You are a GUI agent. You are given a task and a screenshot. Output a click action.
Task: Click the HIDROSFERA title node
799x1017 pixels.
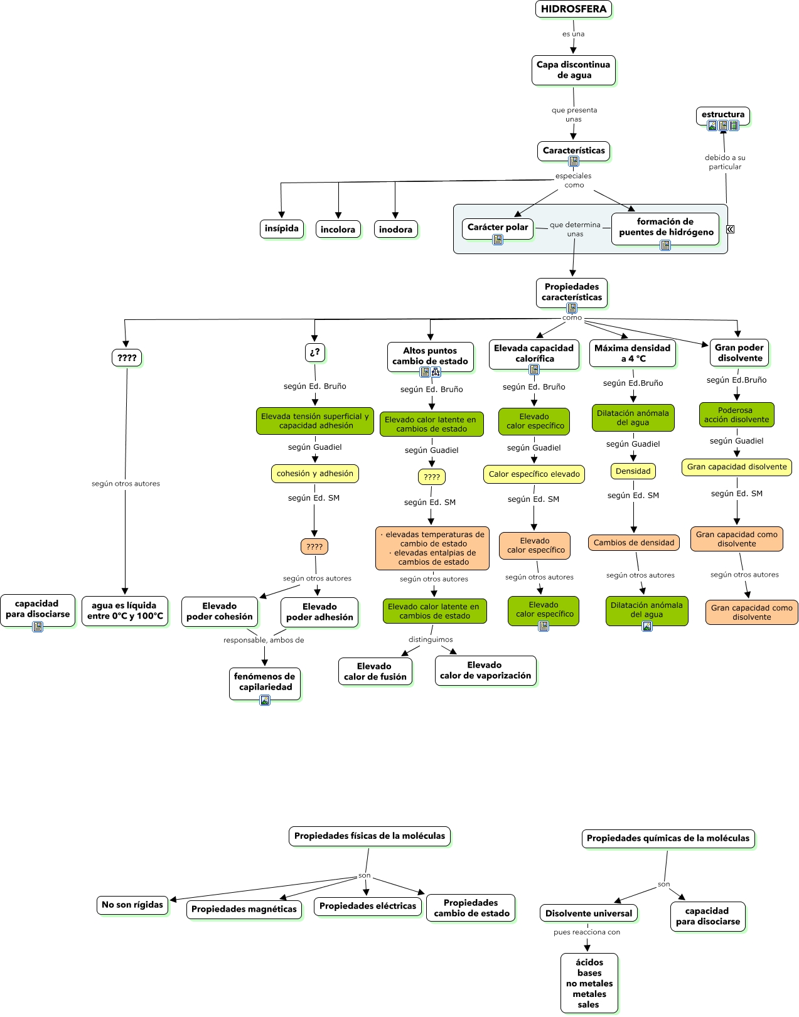coord(573,9)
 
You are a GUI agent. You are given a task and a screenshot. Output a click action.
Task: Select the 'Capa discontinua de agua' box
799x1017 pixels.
coord(573,70)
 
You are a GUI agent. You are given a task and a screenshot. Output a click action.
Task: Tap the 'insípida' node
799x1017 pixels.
coord(281,228)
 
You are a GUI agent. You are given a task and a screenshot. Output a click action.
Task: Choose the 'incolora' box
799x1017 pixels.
coord(338,229)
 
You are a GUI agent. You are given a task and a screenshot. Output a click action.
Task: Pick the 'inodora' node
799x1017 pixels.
coord(395,229)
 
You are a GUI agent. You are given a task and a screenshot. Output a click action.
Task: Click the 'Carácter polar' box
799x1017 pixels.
coord(498,227)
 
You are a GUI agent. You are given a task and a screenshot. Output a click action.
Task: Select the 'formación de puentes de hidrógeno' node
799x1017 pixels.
coord(665,226)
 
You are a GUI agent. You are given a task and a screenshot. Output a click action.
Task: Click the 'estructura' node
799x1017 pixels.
coord(722,115)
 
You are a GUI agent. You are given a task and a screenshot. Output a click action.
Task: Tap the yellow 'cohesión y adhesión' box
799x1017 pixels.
coord(314,474)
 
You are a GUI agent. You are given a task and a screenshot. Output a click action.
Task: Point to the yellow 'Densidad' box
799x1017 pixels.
coord(633,471)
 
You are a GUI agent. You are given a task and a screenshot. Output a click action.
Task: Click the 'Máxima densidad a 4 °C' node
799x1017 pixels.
coord(632,353)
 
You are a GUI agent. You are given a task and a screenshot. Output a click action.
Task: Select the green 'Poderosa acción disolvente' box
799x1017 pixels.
coord(736,415)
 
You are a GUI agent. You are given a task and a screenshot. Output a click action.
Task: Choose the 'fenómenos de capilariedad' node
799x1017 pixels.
coord(264,681)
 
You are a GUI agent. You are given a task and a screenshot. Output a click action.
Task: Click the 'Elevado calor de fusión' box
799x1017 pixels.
coord(375,671)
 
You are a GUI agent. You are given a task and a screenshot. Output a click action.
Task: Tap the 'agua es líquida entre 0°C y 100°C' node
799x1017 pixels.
coord(124,610)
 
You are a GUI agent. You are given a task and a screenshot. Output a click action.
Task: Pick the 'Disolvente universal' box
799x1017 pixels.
coord(588,913)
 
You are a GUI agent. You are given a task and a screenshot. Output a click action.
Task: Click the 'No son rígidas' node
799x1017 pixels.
coord(132,905)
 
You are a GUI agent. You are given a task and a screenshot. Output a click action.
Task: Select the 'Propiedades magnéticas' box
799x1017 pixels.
coord(244,909)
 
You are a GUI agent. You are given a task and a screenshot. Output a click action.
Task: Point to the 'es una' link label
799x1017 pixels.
coord(573,34)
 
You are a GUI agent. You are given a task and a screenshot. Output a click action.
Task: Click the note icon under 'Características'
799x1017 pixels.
coord(573,161)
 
